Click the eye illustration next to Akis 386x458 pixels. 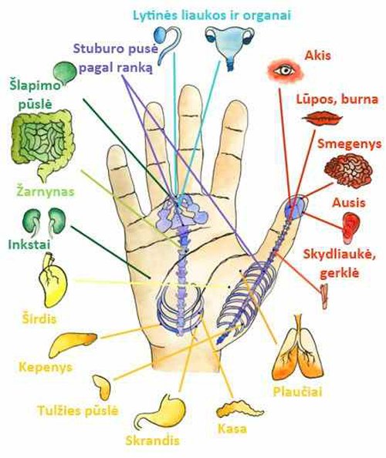pos(286,70)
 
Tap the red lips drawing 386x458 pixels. pos(322,118)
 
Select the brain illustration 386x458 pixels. pos(349,170)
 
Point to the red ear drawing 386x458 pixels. pos(350,227)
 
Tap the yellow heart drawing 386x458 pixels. pos(53,281)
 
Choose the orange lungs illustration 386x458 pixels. pos(298,347)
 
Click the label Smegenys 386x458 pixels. pos(350,143)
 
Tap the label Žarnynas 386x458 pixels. pos(45,192)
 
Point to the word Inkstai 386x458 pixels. pos(29,244)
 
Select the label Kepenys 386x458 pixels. pos(46,367)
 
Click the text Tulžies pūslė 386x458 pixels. pos(78,410)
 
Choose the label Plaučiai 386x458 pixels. pos(297,392)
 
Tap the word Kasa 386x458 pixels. pos(232,429)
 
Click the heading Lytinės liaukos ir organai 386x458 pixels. pos(212,15)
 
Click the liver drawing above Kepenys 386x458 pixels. pos(73,344)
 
